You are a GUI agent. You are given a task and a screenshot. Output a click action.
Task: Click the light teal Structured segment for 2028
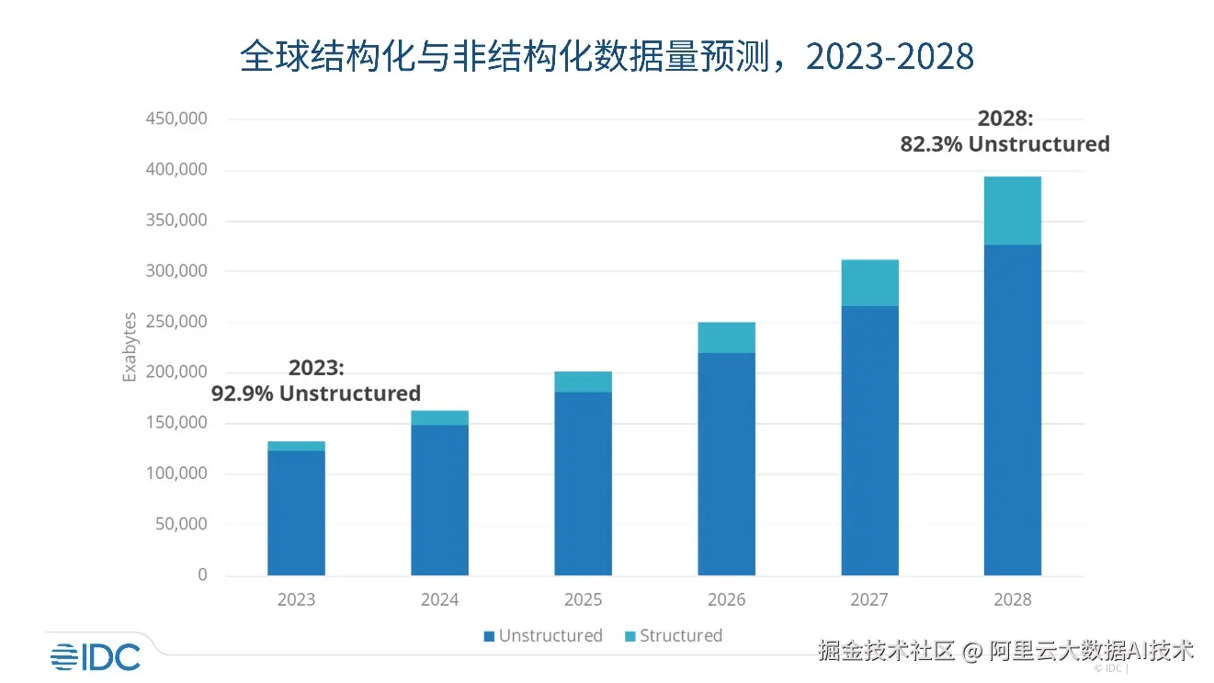point(1013,211)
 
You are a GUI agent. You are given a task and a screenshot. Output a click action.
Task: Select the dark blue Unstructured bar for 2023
point(297,513)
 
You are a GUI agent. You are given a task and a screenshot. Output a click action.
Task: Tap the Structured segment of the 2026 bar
point(726,337)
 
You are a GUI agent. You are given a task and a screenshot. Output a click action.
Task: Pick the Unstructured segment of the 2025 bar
point(584,484)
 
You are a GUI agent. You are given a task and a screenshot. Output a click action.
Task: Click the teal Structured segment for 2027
point(870,283)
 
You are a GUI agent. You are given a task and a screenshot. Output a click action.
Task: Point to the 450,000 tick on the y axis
point(176,119)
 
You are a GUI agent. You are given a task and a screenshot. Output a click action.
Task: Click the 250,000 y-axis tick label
point(176,322)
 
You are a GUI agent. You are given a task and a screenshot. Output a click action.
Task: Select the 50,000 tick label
point(181,524)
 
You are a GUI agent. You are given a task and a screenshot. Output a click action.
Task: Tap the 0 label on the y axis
point(203,575)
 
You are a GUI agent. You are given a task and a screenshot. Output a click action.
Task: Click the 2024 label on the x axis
point(439,599)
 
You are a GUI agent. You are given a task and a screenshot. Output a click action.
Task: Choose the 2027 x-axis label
point(869,599)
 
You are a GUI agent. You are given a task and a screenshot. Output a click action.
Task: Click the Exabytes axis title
point(130,347)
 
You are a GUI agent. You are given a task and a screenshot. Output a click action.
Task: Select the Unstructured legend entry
point(543,635)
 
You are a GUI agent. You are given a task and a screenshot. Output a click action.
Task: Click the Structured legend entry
point(674,635)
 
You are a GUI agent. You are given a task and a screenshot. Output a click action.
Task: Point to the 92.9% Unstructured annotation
point(316,393)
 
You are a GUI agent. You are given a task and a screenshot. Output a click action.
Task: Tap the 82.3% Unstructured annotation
point(1005,144)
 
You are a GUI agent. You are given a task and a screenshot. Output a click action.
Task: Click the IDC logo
point(96,657)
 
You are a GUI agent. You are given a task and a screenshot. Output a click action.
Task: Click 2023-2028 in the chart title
point(890,56)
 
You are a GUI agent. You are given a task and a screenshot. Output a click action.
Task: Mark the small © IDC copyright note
point(1111,668)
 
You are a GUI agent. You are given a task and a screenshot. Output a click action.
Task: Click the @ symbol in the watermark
point(971,651)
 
